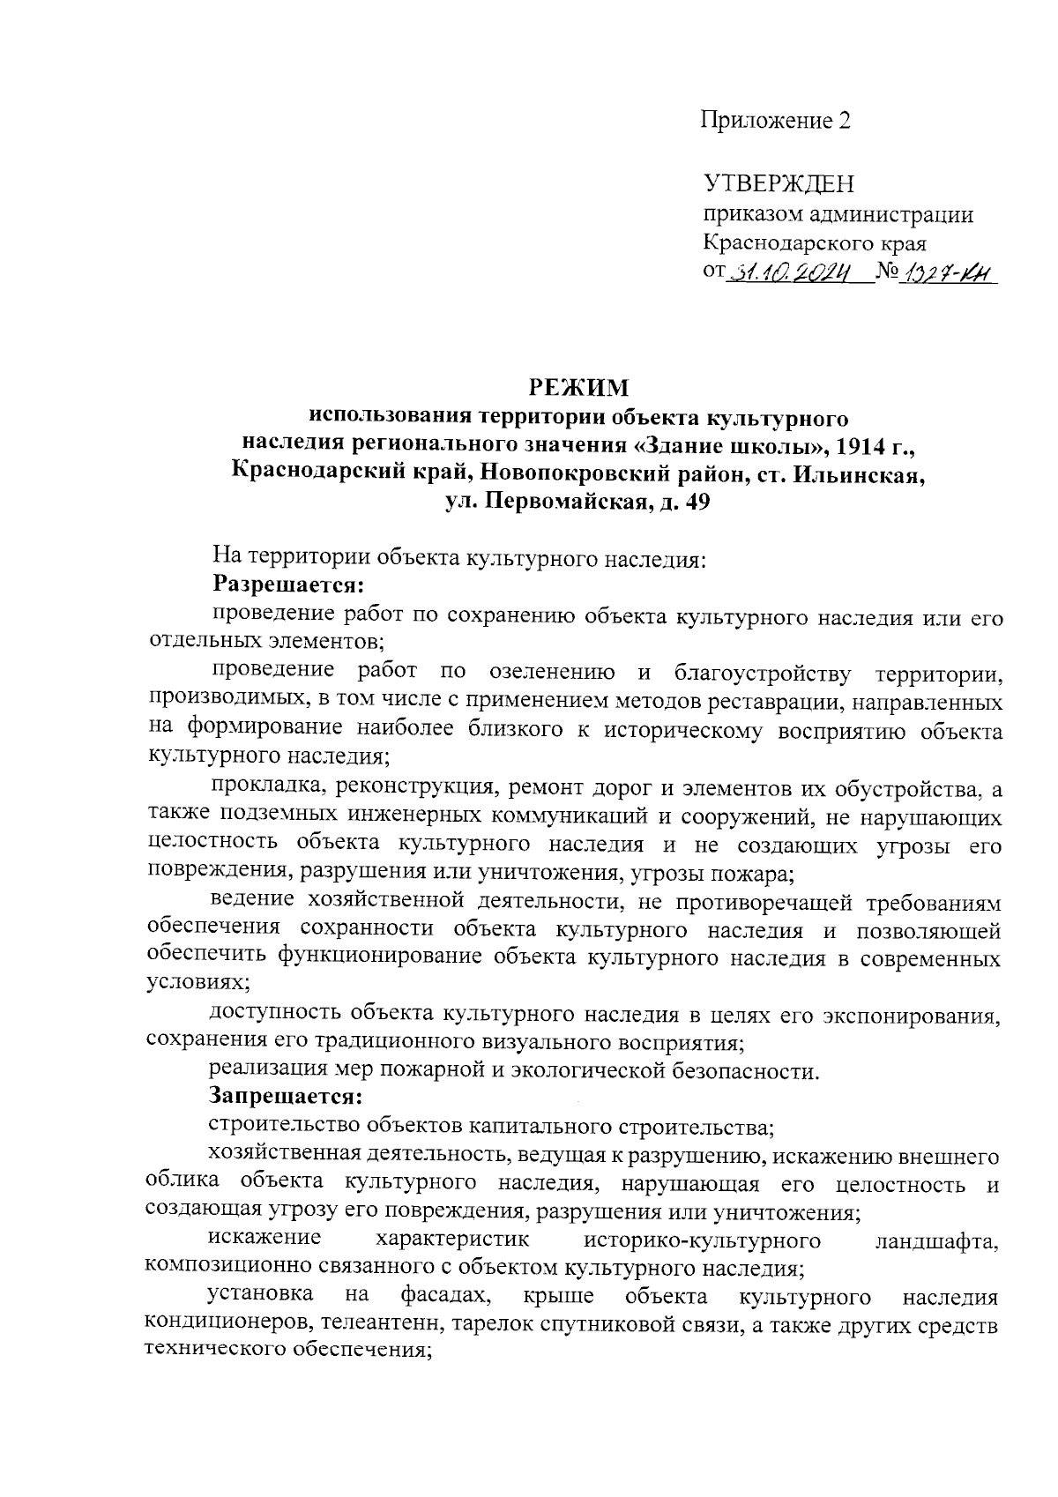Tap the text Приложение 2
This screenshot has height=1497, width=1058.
(x=776, y=121)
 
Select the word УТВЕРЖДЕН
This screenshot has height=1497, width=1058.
(x=779, y=184)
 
